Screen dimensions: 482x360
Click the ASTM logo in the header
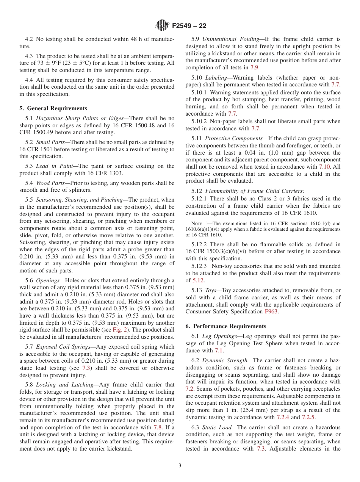[x=163, y=26]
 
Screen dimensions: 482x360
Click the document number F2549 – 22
[x=189, y=26]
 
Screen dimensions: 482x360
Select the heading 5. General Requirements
[x=53, y=108]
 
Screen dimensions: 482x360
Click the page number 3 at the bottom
[x=180, y=465]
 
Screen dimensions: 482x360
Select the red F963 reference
[x=271, y=311]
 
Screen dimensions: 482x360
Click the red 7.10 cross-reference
[x=324, y=167]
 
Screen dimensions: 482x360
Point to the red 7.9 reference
[x=254, y=68]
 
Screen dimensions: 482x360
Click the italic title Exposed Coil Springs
[x=62, y=346]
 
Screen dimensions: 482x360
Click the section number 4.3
[x=29, y=56]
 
